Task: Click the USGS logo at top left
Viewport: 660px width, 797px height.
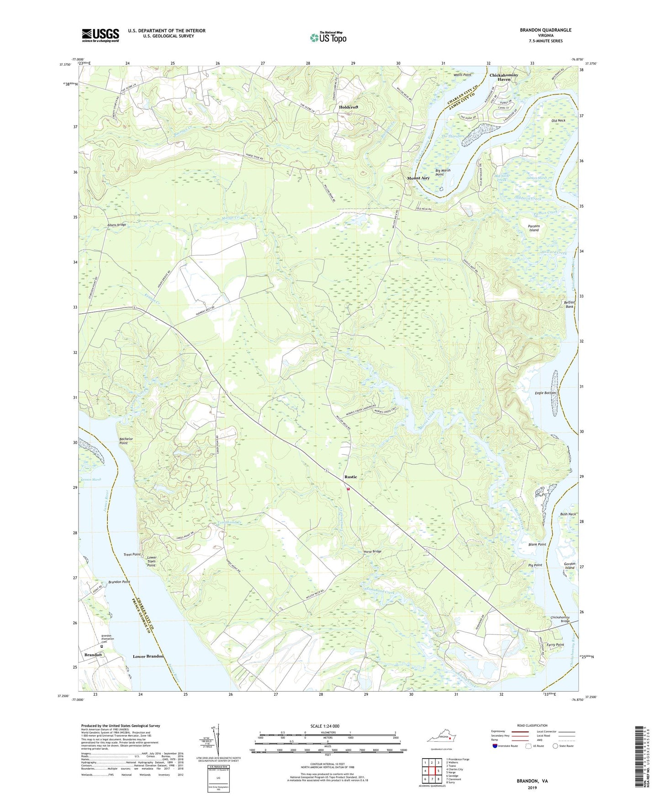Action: coord(100,35)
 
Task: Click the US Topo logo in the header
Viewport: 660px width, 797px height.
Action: coord(328,37)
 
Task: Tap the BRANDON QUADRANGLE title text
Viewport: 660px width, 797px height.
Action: coord(545,30)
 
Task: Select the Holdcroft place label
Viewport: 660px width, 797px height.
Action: coord(348,107)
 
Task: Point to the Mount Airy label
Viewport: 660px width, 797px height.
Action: coord(418,178)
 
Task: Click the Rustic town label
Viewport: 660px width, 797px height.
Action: coord(351,477)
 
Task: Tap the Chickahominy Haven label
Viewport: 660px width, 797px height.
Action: coord(503,77)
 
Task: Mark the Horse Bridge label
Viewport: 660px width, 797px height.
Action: coord(372,551)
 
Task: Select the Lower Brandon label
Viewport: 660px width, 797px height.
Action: coord(148,656)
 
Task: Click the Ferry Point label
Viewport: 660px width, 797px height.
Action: coord(555,645)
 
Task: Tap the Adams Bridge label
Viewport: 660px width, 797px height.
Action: coord(116,225)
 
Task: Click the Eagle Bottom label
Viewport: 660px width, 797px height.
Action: coord(545,393)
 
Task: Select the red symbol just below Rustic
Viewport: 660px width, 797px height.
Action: coord(348,489)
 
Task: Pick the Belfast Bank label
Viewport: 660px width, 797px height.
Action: coord(569,304)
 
